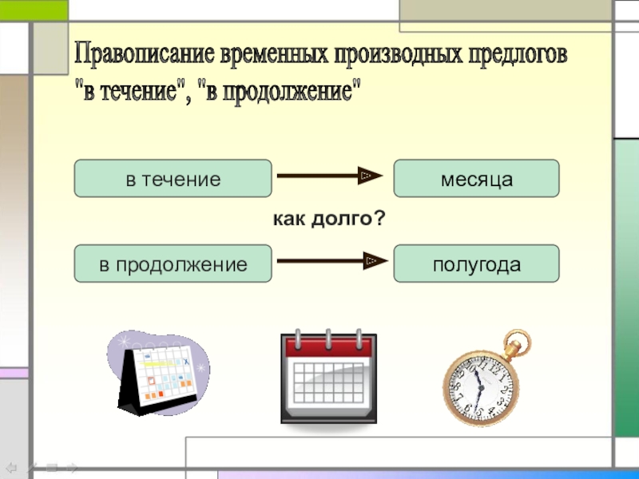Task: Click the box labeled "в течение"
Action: [x=173, y=178]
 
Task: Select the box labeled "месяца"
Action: [x=476, y=178]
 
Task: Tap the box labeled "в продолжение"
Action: [x=173, y=263]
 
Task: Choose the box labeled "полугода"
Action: [x=476, y=263]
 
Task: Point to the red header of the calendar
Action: [x=327, y=346]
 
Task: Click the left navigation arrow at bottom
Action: [x=11, y=467]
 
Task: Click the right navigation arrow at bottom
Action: [x=70, y=467]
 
